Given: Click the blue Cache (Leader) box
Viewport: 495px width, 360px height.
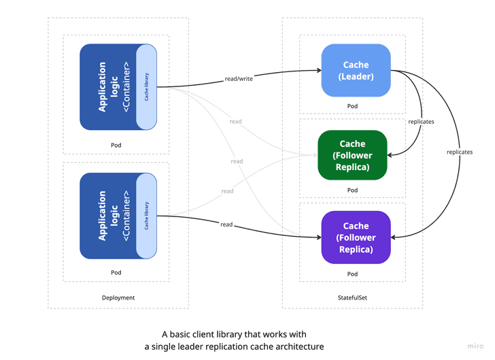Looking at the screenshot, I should [x=356, y=70].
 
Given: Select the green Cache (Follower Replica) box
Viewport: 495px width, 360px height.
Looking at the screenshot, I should [x=352, y=155].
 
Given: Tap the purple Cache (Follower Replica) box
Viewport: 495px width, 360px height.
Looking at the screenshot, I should [x=356, y=237].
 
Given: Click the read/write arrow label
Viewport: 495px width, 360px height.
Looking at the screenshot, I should [x=238, y=78].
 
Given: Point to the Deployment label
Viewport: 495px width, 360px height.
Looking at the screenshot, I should [x=118, y=297].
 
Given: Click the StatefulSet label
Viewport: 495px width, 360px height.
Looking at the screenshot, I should [x=352, y=297].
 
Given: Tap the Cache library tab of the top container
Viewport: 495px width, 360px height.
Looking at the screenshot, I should [x=147, y=86].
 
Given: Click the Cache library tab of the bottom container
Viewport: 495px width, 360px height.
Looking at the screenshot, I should [x=147, y=216].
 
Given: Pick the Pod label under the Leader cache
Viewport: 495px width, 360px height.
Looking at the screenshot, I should [x=352, y=106].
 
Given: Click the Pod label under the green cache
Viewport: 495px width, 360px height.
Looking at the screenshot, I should [x=352, y=190].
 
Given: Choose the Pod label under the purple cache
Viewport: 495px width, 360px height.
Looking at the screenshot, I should [x=352, y=274].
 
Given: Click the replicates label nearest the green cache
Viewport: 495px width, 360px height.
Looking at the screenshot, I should [x=421, y=122].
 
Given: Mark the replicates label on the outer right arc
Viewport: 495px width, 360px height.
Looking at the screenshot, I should [x=460, y=152].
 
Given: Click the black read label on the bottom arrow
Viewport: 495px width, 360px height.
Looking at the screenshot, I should [x=226, y=224].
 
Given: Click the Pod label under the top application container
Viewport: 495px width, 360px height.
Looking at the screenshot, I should [x=116, y=145].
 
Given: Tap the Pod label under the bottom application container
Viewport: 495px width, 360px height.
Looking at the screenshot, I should [x=116, y=272].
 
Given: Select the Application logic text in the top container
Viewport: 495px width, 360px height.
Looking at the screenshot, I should [x=102, y=86].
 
